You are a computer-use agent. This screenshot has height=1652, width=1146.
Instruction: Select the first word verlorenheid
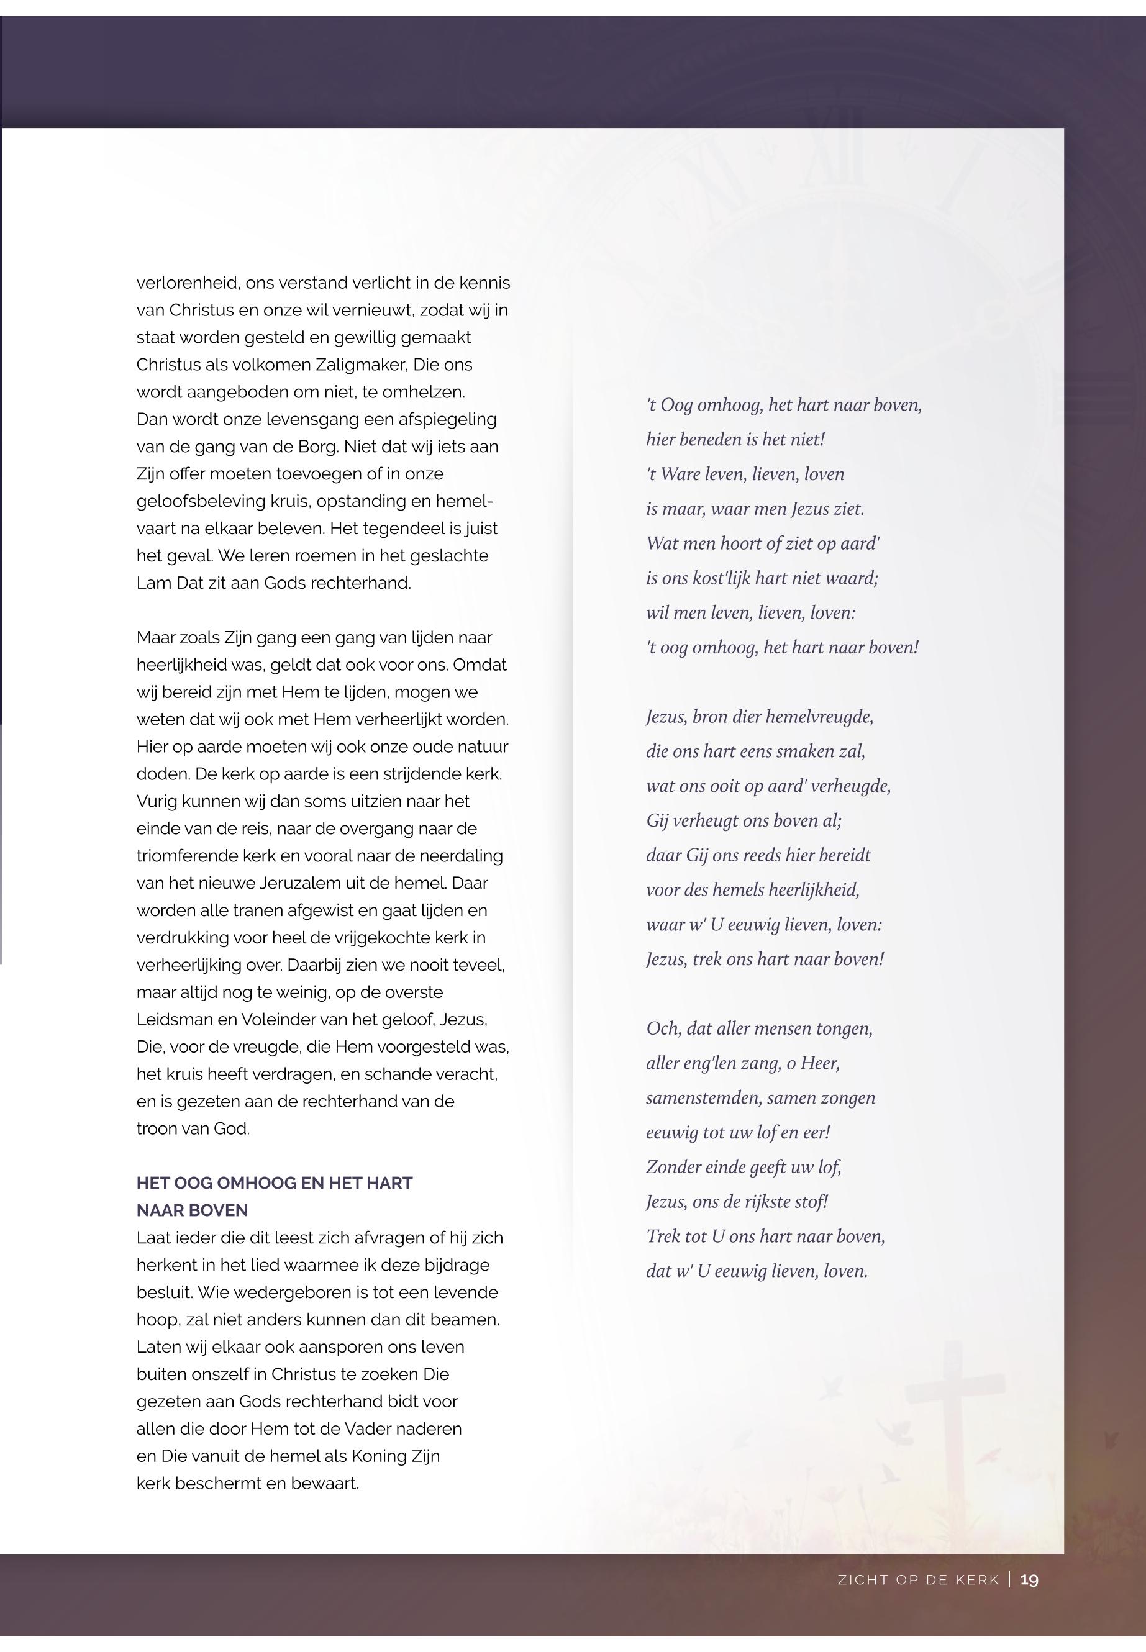(x=188, y=283)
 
